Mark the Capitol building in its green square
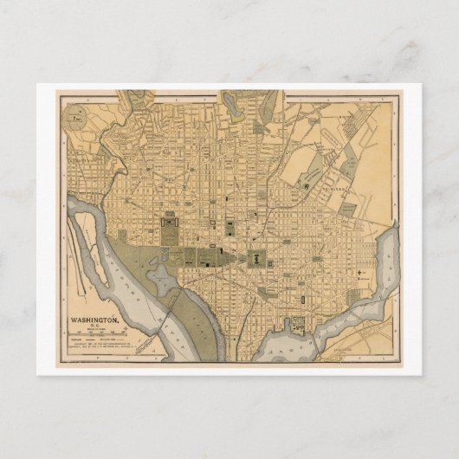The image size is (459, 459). pos(257,256)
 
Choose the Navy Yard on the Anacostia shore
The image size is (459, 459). pos(297,325)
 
